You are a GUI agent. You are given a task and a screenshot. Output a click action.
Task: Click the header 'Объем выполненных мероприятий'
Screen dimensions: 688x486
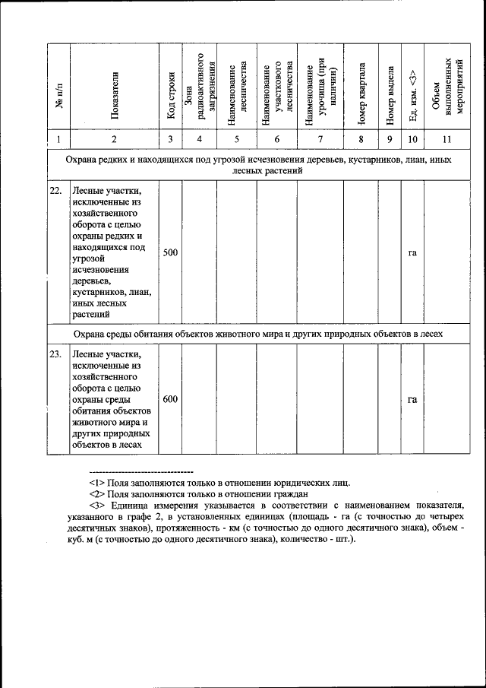(448, 90)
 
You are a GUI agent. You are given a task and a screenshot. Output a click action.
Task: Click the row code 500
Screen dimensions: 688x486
(171, 252)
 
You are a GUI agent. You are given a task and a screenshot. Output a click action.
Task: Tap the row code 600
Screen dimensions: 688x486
(171, 399)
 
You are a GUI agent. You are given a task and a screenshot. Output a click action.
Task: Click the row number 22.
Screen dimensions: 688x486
(55, 191)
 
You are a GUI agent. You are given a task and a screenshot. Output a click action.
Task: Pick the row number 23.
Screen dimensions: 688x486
(55, 354)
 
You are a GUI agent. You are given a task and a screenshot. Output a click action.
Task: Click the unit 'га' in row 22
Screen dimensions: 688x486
(412, 252)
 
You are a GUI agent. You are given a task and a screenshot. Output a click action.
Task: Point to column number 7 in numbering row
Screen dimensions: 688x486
(320, 139)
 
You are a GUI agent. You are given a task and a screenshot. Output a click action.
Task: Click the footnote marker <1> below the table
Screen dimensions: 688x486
(97, 482)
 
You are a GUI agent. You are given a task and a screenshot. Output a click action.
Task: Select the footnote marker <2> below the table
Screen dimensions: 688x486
(97, 493)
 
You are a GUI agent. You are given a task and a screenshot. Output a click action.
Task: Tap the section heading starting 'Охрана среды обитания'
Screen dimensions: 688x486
(258, 334)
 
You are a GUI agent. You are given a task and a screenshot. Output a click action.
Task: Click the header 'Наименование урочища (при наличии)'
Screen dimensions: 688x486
(320, 90)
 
